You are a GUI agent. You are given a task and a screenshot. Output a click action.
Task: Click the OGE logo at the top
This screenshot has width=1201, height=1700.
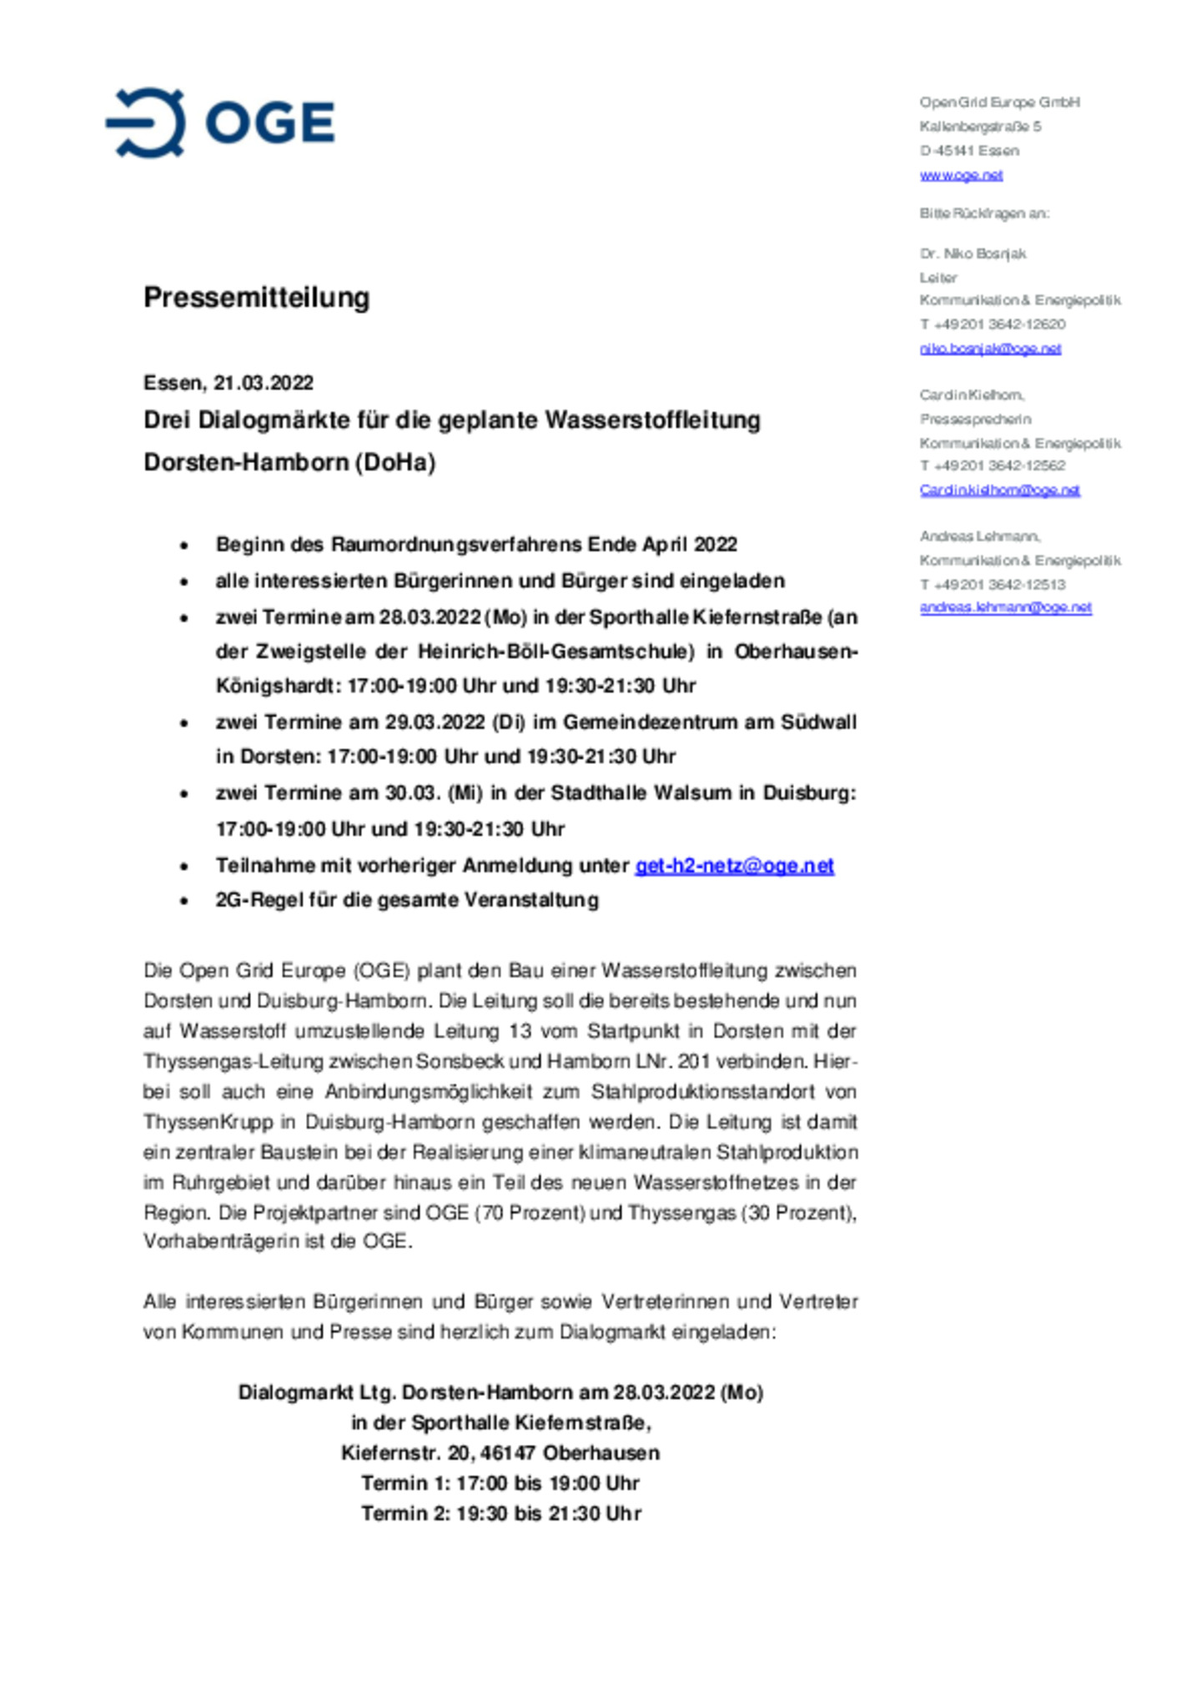point(220,123)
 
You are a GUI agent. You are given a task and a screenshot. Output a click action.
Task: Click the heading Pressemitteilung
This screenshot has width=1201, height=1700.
point(256,297)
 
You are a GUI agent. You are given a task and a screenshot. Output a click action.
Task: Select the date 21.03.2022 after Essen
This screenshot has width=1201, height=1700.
point(264,383)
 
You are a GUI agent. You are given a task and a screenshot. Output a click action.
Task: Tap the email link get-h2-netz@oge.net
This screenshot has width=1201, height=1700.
point(734,866)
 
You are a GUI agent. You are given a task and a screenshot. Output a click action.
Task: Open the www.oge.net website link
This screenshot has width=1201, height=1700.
point(961,175)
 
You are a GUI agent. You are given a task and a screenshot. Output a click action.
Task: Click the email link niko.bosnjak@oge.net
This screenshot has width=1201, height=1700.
point(990,349)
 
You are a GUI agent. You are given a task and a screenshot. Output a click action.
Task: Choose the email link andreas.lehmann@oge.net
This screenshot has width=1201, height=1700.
point(1005,607)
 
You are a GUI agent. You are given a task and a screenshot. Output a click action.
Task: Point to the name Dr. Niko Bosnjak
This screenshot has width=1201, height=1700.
point(972,254)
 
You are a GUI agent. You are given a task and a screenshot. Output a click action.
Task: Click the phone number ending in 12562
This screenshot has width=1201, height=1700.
point(992,465)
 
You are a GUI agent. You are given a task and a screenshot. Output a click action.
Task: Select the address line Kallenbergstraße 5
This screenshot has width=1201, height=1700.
point(980,127)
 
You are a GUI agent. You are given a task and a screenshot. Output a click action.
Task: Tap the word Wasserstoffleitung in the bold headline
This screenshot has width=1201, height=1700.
point(652,420)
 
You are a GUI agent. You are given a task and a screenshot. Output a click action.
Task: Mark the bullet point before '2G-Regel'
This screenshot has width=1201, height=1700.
point(184,901)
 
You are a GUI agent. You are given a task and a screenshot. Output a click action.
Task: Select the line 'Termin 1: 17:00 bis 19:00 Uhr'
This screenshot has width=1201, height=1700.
point(500,1483)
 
